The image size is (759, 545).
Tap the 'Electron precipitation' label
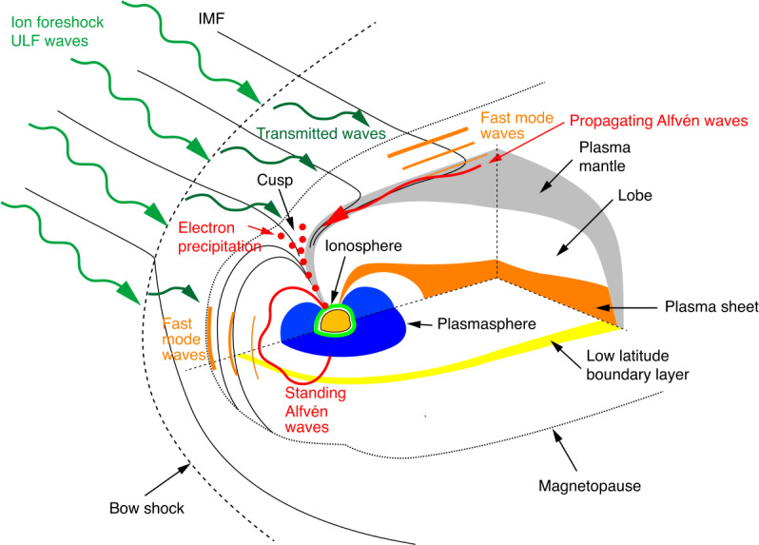point(221,236)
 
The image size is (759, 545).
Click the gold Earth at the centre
point(337,321)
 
